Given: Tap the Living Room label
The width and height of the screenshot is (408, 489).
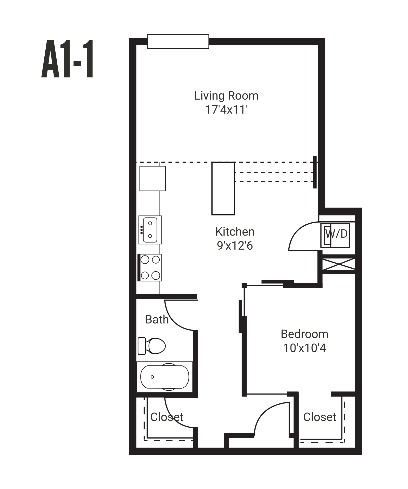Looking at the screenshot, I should click(x=226, y=96).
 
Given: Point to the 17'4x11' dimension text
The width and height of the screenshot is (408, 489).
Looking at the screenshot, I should click(x=226, y=110).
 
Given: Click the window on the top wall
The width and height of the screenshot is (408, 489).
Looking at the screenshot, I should click(x=178, y=42).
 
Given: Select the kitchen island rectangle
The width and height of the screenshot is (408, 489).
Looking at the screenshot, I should click(x=223, y=188).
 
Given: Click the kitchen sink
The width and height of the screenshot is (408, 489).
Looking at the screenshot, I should click(x=150, y=230).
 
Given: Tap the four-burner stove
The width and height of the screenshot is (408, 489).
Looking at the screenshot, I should click(x=150, y=268).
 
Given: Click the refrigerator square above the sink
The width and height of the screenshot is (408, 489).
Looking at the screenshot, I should click(x=152, y=179).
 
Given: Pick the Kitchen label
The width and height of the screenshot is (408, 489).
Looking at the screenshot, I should click(x=235, y=232).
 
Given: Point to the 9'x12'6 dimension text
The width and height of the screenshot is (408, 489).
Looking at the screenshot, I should click(x=235, y=246).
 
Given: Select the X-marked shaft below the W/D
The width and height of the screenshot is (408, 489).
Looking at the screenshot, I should click(x=339, y=264).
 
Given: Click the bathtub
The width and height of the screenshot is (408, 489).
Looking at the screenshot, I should click(x=165, y=377).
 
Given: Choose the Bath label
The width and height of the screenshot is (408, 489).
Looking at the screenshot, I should click(x=157, y=319).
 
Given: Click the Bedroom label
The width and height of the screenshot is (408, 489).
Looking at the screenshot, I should click(x=304, y=334).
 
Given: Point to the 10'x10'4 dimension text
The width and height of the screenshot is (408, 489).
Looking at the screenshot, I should click(x=304, y=348).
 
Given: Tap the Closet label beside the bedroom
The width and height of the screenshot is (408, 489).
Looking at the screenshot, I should click(x=320, y=417).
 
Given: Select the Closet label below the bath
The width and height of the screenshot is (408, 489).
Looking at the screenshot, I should click(x=167, y=417).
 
